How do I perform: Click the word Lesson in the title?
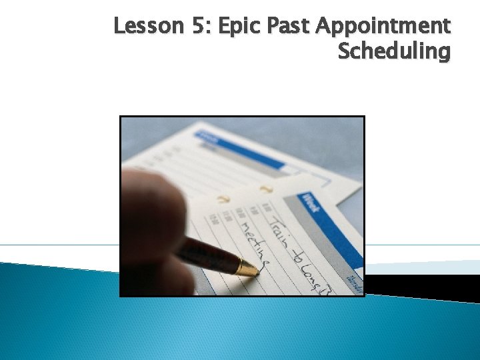coord(137,26)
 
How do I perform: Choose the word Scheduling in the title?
coord(394,51)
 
